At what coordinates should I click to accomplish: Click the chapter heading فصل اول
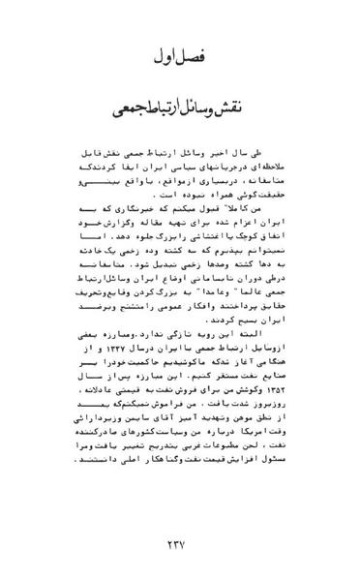click(x=181, y=59)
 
